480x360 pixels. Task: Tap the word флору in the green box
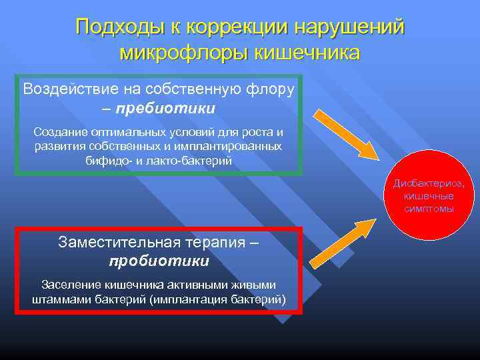pyautogui.click(x=269, y=89)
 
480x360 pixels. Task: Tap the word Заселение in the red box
pyautogui.click(x=69, y=285)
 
